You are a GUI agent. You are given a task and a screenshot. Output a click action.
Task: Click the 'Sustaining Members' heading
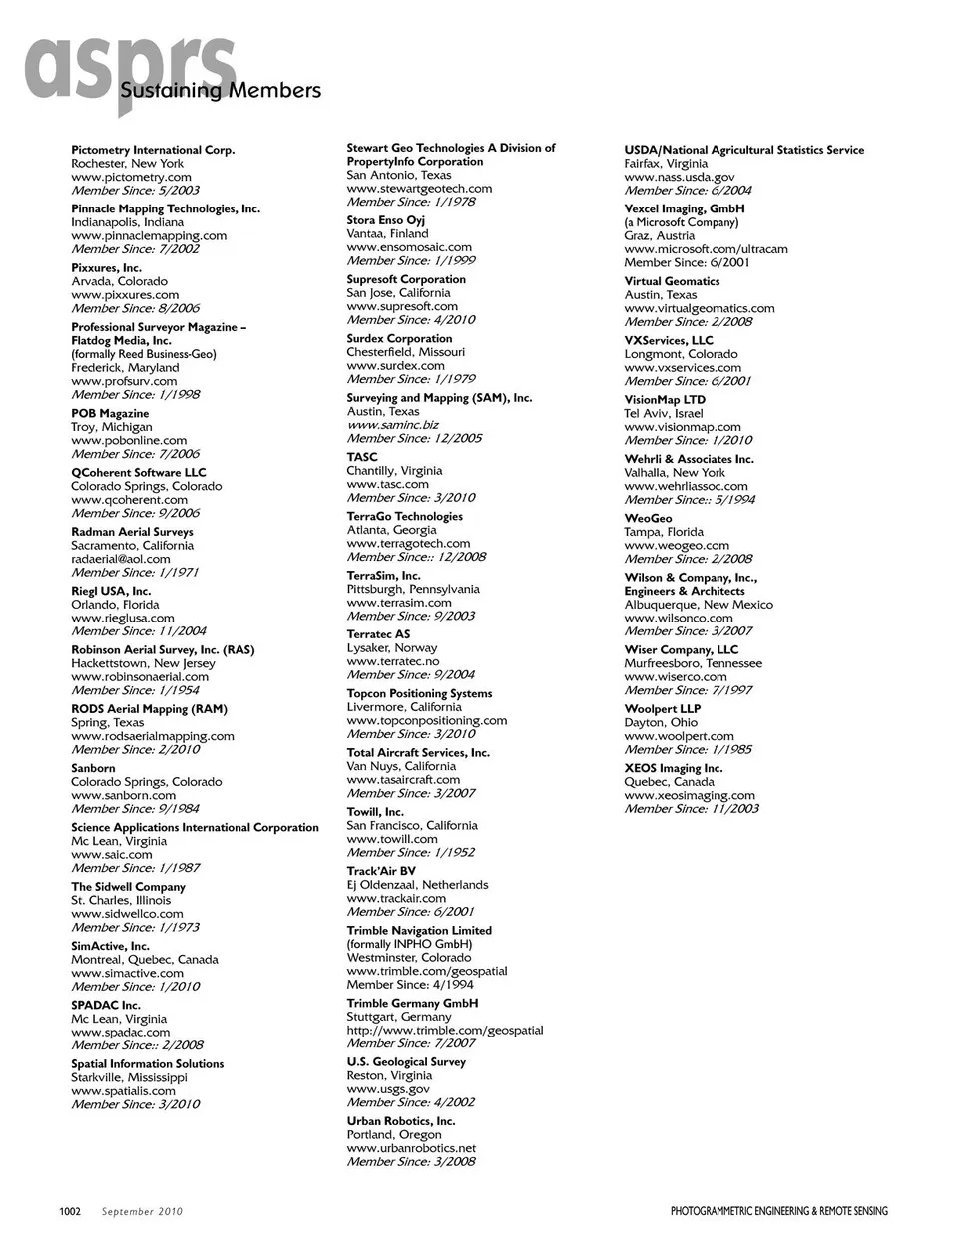tap(221, 91)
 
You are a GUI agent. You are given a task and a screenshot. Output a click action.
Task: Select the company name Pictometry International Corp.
tap(153, 150)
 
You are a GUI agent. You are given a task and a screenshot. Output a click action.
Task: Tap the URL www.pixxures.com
tap(125, 295)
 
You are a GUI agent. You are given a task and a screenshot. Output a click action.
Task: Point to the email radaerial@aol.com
tap(120, 559)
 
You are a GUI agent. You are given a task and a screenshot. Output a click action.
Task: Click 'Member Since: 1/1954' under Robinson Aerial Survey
tap(135, 690)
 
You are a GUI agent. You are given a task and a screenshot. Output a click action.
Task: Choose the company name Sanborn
tap(93, 768)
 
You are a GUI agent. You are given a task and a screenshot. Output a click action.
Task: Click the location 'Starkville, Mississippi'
tap(129, 1077)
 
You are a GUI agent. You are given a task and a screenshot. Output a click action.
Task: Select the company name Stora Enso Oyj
tap(386, 220)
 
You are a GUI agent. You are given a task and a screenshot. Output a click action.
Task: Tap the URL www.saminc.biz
tap(392, 425)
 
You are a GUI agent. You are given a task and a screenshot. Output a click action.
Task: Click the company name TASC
tap(362, 457)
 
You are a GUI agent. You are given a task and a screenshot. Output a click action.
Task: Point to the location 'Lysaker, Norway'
tap(392, 647)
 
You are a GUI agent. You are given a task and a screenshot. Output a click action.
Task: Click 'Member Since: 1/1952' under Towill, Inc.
tap(411, 852)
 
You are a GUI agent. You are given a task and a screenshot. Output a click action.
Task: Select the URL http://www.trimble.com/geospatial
tap(445, 1030)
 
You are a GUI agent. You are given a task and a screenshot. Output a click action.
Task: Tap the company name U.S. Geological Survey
tap(406, 1062)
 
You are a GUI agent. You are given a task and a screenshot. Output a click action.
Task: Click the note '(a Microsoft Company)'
tap(683, 222)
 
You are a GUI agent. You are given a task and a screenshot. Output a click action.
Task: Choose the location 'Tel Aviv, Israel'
tap(664, 413)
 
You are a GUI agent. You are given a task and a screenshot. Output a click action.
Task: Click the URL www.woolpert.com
tap(679, 736)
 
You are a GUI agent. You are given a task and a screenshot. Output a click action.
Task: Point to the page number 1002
tap(70, 1212)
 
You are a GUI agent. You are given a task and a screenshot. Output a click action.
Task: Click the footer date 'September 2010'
tap(142, 1212)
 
